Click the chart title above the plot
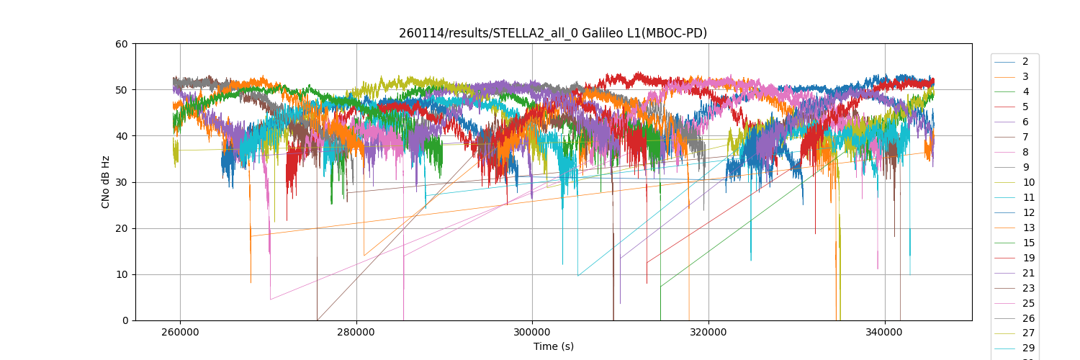(x=553, y=33)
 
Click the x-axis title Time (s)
(x=553, y=346)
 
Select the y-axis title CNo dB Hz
(x=106, y=182)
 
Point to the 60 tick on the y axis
(x=121, y=44)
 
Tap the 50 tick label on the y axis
(x=121, y=90)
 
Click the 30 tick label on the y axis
(x=121, y=182)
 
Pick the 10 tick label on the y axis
(x=121, y=274)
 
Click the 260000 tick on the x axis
(x=180, y=333)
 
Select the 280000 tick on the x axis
(x=356, y=333)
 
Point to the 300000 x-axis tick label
(x=532, y=333)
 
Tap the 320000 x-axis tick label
(x=708, y=333)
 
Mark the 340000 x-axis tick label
(x=884, y=333)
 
